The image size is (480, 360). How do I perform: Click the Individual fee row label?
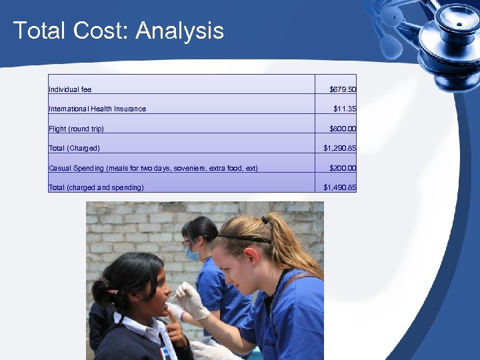70,89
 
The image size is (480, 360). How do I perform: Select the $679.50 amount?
343,89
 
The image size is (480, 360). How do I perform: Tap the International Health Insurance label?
97,109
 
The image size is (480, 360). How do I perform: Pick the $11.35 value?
345,109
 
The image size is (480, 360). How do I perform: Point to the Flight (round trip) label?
76,129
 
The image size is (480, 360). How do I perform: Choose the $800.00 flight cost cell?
343,129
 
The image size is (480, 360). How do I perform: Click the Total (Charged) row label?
74,148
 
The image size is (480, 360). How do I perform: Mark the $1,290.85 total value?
339,148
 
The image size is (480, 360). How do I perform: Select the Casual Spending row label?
153,168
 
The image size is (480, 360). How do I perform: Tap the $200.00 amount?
343,168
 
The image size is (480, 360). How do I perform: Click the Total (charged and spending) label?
96,187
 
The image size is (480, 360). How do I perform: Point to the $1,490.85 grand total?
339,187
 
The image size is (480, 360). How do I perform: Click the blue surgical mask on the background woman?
193,254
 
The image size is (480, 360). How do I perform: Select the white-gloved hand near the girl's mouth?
189,300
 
